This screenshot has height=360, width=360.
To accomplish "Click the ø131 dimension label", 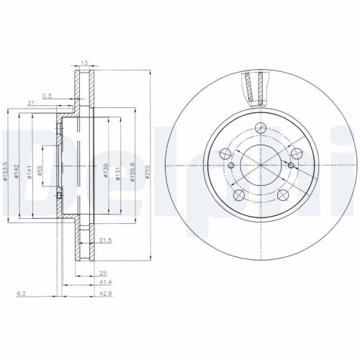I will click(x=116, y=171).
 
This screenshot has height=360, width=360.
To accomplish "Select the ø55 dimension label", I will click(x=41, y=171).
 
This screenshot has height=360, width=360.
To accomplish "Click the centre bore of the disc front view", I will click(x=259, y=163).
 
